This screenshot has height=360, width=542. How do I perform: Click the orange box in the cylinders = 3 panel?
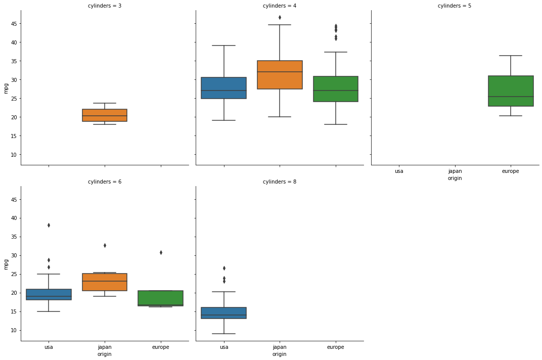[105, 115]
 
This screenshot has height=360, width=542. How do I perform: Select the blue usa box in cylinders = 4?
[224, 88]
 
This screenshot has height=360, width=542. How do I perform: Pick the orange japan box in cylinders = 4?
[280, 75]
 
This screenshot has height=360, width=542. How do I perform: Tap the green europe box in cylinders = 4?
[336, 89]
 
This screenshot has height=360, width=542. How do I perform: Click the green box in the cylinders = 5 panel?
[511, 91]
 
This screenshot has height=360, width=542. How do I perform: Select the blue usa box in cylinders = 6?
[49, 294]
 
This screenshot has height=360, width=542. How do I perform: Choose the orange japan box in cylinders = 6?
[105, 282]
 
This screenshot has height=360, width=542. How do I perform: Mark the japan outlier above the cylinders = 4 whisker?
[280, 17]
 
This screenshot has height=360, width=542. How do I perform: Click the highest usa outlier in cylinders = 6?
[49, 225]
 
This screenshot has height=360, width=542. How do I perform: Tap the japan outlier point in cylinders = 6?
[105, 245]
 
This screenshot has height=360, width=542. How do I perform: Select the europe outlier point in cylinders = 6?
[161, 252]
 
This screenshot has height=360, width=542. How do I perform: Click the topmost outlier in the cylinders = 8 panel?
[224, 268]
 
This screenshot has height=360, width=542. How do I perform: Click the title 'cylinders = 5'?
[454, 6]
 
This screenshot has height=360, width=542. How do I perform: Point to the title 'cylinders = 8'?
[280, 182]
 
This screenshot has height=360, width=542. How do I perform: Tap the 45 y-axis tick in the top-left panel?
[14, 24]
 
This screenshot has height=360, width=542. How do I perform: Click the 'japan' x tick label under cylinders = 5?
[455, 171]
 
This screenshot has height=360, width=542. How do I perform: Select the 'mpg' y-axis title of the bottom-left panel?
[6, 264]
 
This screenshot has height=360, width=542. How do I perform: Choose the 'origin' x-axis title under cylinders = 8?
[280, 354]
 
